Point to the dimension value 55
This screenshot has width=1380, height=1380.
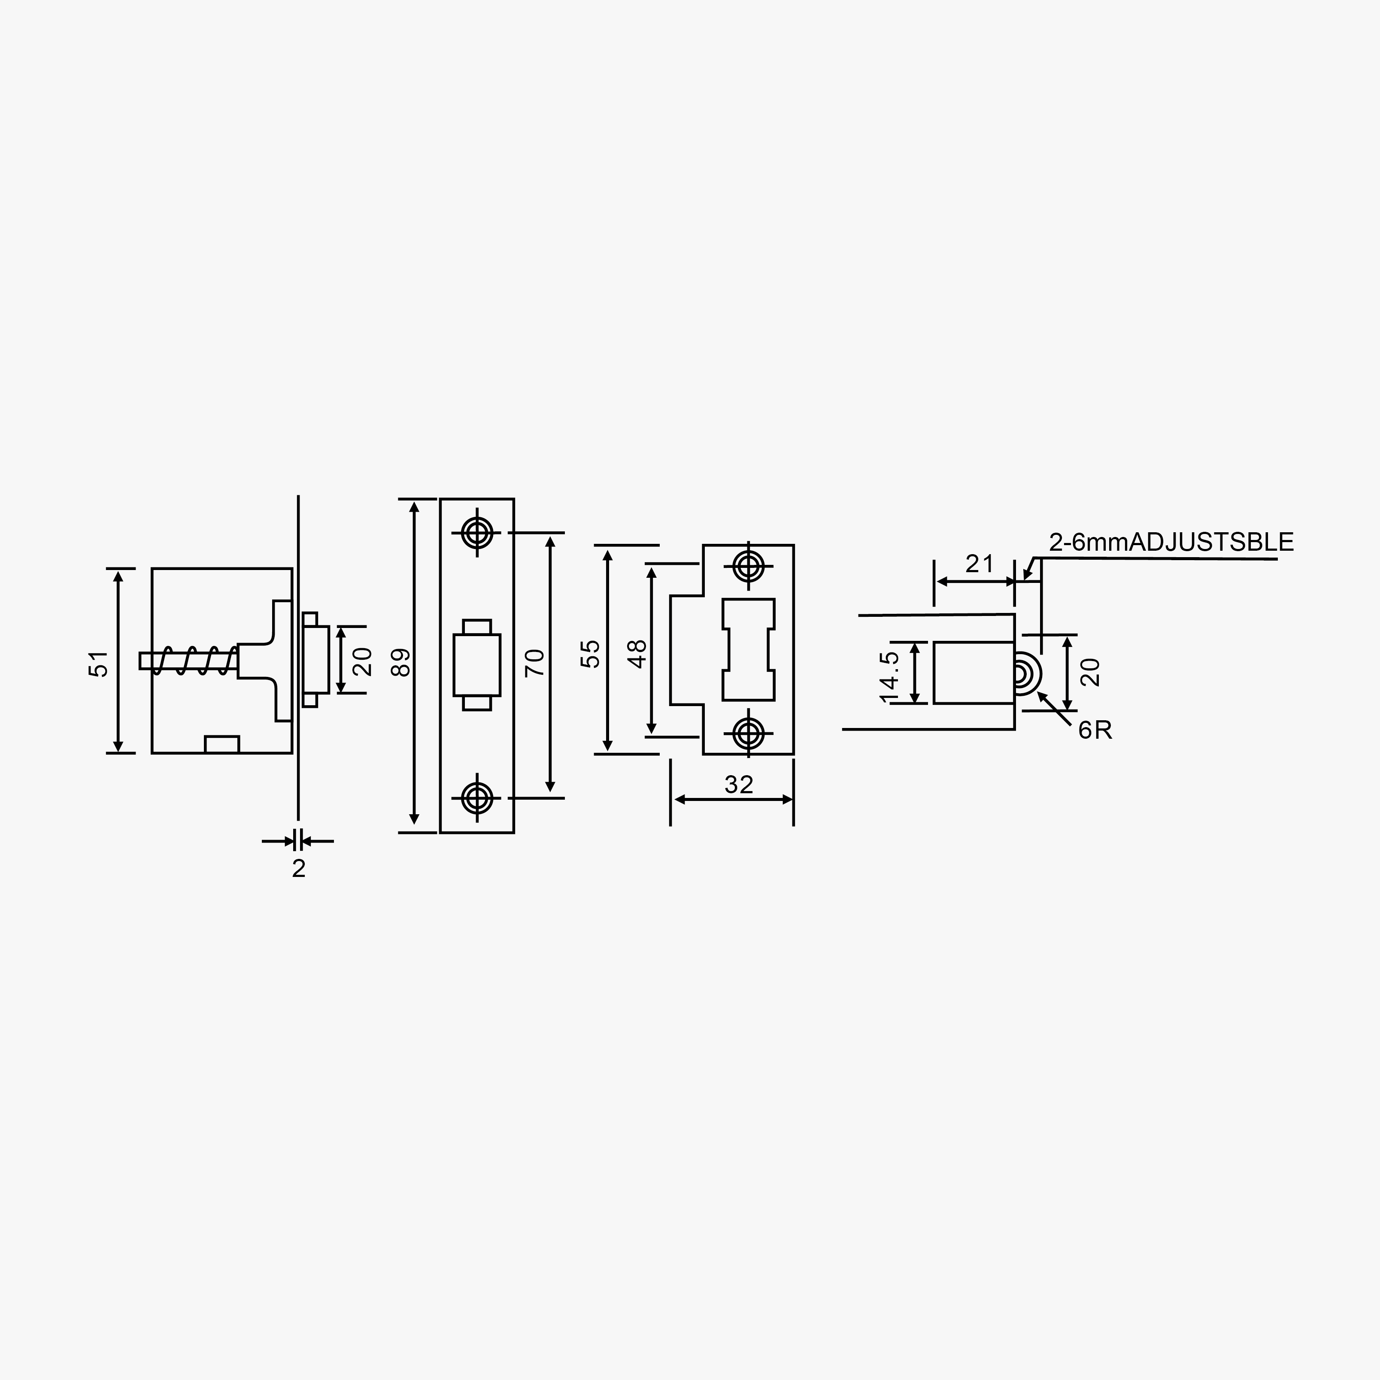591,654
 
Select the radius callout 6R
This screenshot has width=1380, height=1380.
1095,730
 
